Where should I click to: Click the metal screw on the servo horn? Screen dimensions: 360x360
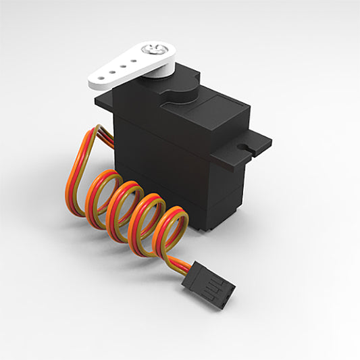coord(153,49)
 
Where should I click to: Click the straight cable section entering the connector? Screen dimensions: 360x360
coord(180,263)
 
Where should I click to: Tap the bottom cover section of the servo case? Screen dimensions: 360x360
coord(216,209)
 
